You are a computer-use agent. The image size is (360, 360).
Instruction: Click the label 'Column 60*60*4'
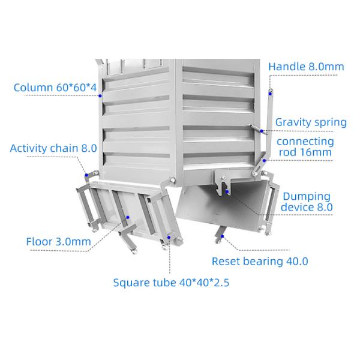pyautogui.click(x=55, y=88)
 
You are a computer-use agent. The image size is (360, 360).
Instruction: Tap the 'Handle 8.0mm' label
pyautogui.click(x=306, y=67)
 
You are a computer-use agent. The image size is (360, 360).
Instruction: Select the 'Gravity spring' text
pyautogui.click(x=311, y=122)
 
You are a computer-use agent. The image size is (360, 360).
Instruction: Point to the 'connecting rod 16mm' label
pyautogui.click(x=305, y=147)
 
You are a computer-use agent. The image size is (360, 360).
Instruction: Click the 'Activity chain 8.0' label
pyautogui.click(x=53, y=148)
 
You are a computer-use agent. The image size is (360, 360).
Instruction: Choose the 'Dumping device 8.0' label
pyautogui.click(x=307, y=202)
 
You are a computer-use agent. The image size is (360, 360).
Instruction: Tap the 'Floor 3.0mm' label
pyautogui.click(x=59, y=242)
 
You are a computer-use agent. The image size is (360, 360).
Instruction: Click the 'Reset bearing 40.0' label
pyautogui.click(x=260, y=261)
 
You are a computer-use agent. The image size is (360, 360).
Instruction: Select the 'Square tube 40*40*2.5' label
pyautogui.click(x=171, y=283)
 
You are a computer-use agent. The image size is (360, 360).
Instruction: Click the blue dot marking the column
pyautogui.click(x=100, y=96)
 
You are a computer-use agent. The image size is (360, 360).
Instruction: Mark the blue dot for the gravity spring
pyautogui.click(x=262, y=131)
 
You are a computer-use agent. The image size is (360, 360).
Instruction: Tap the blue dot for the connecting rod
pyautogui.click(x=264, y=160)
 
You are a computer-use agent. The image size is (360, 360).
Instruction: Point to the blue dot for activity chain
pyautogui.click(x=86, y=175)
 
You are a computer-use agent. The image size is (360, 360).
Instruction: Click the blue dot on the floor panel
pyautogui.click(x=128, y=217)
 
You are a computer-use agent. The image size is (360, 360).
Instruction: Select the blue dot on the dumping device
pyautogui.click(x=227, y=191)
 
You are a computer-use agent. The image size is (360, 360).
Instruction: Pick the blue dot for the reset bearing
pyautogui.click(x=222, y=236)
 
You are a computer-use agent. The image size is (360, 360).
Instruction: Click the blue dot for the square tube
pyautogui.click(x=169, y=238)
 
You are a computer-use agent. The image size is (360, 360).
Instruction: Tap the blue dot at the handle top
pyautogui.click(x=271, y=94)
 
